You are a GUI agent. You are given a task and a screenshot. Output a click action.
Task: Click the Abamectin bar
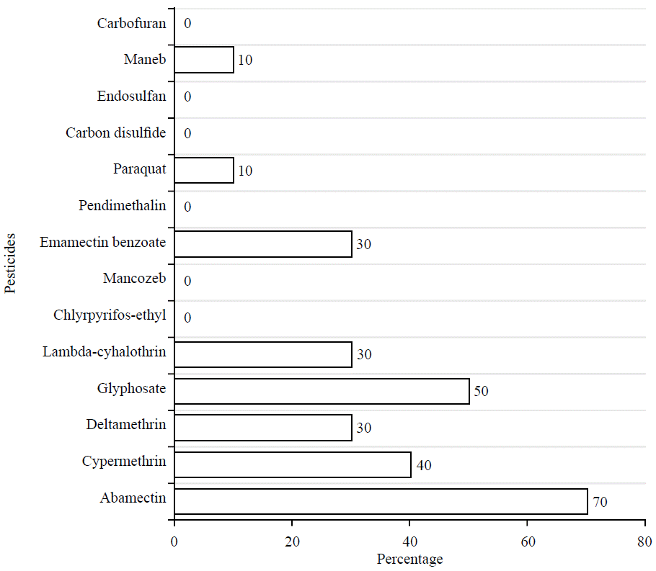pyautogui.click(x=381, y=501)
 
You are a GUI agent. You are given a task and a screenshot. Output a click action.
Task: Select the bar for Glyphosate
pyautogui.click(x=322, y=391)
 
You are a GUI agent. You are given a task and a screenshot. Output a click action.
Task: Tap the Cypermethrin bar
pyautogui.click(x=292, y=464)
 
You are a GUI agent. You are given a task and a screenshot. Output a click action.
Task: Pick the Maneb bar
pyautogui.click(x=204, y=60)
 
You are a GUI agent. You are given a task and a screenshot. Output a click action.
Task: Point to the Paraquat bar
pyautogui.click(x=204, y=171)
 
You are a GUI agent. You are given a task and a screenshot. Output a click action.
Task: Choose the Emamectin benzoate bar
pyautogui.click(x=263, y=244)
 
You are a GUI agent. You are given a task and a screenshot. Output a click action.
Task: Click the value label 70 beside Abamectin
pyautogui.click(x=600, y=502)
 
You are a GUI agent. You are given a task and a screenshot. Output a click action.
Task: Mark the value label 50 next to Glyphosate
pyautogui.click(x=482, y=392)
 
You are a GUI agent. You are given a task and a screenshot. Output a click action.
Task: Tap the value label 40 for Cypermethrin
pyautogui.click(x=423, y=465)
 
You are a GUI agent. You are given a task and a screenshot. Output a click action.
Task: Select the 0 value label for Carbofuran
pyautogui.click(x=187, y=24)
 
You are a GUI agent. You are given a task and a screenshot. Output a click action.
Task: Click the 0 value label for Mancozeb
pyautogui.click(x=187, y=281)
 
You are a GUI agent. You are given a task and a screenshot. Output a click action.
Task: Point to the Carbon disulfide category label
pyautogui.click(x=115, y=133)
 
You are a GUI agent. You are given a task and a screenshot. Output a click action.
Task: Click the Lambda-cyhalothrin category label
pyautogui.click(x=104, y=352)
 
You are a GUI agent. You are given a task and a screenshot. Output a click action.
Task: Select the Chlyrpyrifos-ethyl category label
pyautogui.click(x=110, y=315)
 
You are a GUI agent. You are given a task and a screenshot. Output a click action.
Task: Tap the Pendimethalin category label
pyautogui.click(x=123, y=206)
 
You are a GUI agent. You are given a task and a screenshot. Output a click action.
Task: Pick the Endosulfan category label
pyautogui.click(x=131, y=96)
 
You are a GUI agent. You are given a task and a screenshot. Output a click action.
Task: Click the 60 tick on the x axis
pyautogui.click(x=527, y=542)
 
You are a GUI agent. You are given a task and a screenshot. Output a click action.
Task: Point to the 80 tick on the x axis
pyautogui.click(x=644, y=542)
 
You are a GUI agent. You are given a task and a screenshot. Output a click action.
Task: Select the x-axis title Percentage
pyautogui.click(x=409, y=559)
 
